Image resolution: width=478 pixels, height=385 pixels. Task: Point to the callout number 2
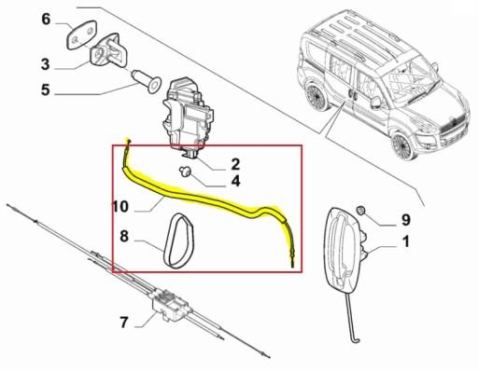236,164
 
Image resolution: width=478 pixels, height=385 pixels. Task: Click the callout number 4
236,182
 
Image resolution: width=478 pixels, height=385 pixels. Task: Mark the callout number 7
124,323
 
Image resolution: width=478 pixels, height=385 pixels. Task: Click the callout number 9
405,220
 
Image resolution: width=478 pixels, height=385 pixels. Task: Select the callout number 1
405,243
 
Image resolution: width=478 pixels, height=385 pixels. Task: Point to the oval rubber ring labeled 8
177,240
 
